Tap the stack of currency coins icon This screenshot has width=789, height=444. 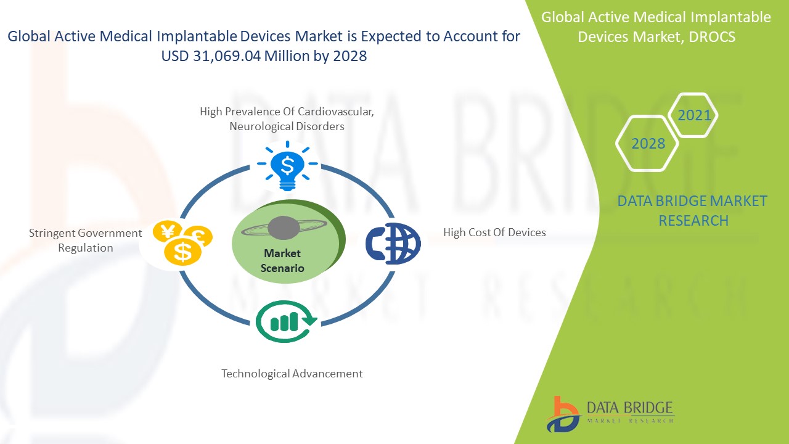182,243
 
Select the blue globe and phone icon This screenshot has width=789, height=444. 393,244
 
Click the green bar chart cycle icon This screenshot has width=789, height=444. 286,321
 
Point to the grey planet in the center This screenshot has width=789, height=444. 284,228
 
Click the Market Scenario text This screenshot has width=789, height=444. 282,261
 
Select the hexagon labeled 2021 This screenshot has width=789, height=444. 694,115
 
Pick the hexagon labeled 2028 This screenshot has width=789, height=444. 648,144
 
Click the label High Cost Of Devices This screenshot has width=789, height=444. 494,232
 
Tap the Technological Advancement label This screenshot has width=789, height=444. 292,374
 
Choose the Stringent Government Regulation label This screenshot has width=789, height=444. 86,240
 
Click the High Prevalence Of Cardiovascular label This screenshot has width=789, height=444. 287,112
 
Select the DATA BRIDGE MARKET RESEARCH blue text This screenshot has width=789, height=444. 693,210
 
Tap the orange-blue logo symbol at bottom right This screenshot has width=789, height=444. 563,413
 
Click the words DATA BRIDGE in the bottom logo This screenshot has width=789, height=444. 628,408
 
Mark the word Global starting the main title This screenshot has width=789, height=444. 30,36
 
